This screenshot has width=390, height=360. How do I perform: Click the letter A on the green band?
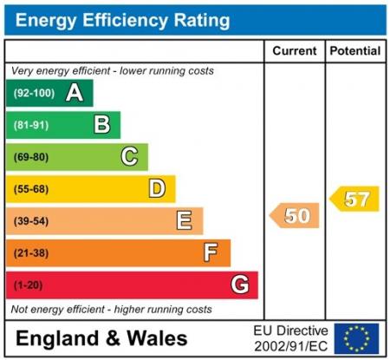[x=75, y=93]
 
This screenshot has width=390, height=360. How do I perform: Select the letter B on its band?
[x=102, y=125]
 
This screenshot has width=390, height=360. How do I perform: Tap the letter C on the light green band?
[x=129, y=157]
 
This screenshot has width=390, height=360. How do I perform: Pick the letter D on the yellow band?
[x=157, y=188]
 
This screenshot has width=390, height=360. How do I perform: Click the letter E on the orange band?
[x=184, y=220]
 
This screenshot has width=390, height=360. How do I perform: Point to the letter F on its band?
[x=211, y=252]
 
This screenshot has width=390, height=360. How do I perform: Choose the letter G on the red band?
[x=240, y=285]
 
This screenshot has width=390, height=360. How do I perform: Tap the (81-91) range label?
[x=30, y=126]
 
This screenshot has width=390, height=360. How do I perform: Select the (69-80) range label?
[x=30, y=157]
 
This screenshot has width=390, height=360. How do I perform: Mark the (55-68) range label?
[x=30, y=189]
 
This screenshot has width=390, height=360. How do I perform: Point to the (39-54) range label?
[x=30, y=221]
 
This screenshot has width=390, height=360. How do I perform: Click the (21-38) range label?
[x=30, y=252]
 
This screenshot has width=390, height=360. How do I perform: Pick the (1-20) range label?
[x=28, y=285]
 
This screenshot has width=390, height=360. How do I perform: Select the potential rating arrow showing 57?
[x=355, y=199]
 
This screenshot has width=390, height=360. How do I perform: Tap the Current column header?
[x=295, y=51]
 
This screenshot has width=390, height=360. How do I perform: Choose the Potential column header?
[x=355, y=51]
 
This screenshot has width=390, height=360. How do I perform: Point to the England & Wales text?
[x=101, y=337]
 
